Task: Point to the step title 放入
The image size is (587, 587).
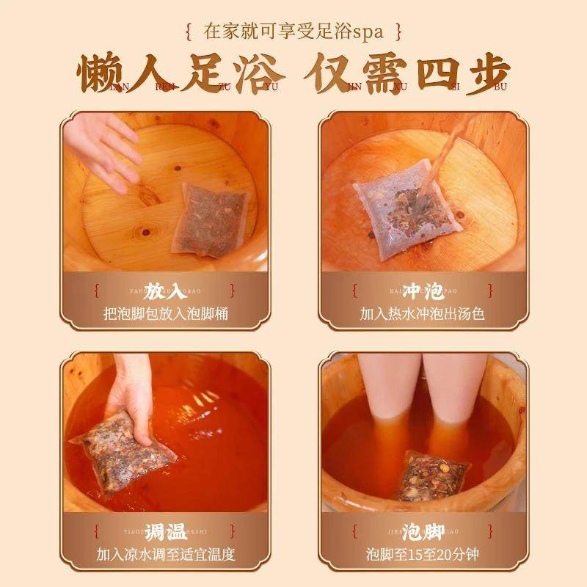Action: (x=164, y=291)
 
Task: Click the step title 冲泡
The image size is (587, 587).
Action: (x=423, y=291)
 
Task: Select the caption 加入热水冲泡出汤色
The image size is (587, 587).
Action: (x=423, y=315)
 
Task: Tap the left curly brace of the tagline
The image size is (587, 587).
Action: (x=189, y=32)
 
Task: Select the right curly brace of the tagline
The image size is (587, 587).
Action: (x=398, y=32)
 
